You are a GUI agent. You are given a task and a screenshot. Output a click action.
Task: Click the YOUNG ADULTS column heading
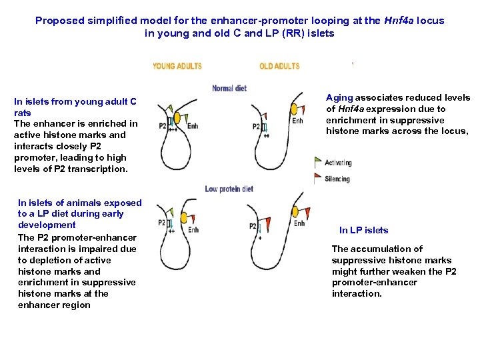[177, 66]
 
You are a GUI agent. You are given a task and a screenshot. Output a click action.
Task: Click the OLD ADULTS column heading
[279, 66]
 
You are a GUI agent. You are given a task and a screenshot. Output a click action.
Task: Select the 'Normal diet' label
[229, 89]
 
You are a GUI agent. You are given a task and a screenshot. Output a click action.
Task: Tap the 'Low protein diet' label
[229, 189]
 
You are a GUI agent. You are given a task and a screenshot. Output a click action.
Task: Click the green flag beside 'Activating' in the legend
[318, 162]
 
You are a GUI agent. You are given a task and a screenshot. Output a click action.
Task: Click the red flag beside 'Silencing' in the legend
[318, 178]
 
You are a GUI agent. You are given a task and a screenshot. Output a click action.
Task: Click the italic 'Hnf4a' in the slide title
[397, 21]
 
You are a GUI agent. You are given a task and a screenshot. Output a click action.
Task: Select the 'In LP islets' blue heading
[363, 230]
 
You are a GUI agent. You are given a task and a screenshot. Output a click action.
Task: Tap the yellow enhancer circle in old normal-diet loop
[293, 108]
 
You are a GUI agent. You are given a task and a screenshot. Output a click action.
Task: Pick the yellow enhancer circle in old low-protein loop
[294, 211]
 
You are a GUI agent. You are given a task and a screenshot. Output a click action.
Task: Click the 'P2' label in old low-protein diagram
[253, 227]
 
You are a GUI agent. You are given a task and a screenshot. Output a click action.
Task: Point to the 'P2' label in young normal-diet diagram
[163, 125]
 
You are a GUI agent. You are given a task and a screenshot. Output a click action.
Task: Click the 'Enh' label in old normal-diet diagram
[297, 121]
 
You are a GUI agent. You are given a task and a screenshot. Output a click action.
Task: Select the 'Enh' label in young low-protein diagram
[193, 231]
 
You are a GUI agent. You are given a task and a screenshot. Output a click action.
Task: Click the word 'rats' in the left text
[23, 113]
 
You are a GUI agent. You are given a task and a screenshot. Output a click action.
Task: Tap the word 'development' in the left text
[47, 225]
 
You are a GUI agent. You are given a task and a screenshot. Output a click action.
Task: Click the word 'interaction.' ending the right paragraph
[357, 293]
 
